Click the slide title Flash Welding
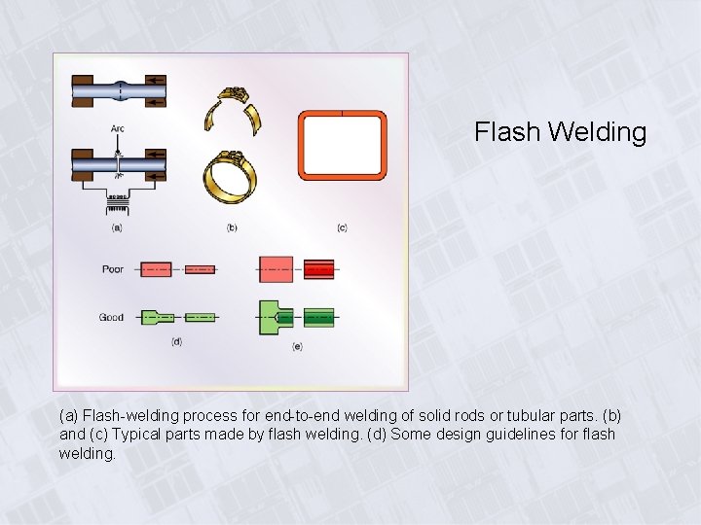(560, 132)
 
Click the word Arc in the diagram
(117, 128)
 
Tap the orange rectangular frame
(342, 146)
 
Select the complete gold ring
(230, 176)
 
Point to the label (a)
(117, 227)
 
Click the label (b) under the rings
(232, 227)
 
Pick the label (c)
(342, 227)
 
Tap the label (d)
(176, 341)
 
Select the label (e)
(297, 346)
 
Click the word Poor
(113, 269)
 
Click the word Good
(111, 317)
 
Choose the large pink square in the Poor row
(276, 268)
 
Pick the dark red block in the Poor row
(318, 268)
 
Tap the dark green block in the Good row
(318, 317)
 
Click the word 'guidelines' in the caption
(502, 434)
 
